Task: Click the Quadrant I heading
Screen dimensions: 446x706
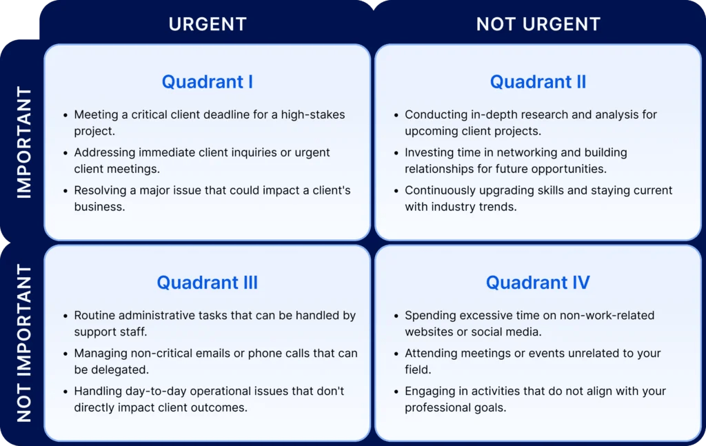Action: tap(207, 82)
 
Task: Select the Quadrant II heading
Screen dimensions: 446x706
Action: tap(538, 82)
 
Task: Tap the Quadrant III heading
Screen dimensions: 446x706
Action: tap(207, 283)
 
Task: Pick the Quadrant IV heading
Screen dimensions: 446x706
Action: tap(538, 283)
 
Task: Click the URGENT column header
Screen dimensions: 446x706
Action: tap(208, 24)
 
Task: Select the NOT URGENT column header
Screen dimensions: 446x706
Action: tap(538, 24)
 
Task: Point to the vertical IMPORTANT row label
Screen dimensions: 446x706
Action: tap(24, 143)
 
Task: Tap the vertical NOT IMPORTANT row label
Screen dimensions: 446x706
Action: tap(24, 343)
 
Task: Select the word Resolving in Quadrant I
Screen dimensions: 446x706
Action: tap(100, 191)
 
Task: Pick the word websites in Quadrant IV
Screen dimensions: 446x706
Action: tap(428, 332)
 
